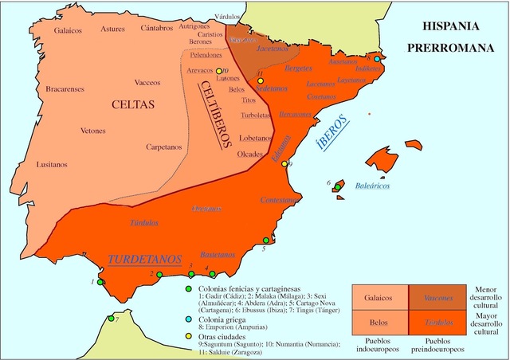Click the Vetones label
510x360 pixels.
pyautogui.click(x=94, y=131)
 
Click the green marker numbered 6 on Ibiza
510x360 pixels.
pyautogui.click(x=338, y=187)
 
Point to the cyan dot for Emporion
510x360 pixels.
pyautogui.click(x=377, y=59)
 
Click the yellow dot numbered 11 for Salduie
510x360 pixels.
pyautogui.click(x=260, y=82)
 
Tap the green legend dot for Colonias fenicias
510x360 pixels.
pyautogui.click(x=188, y=288)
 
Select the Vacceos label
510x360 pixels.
pyautogui.click(x=148, y=82)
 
